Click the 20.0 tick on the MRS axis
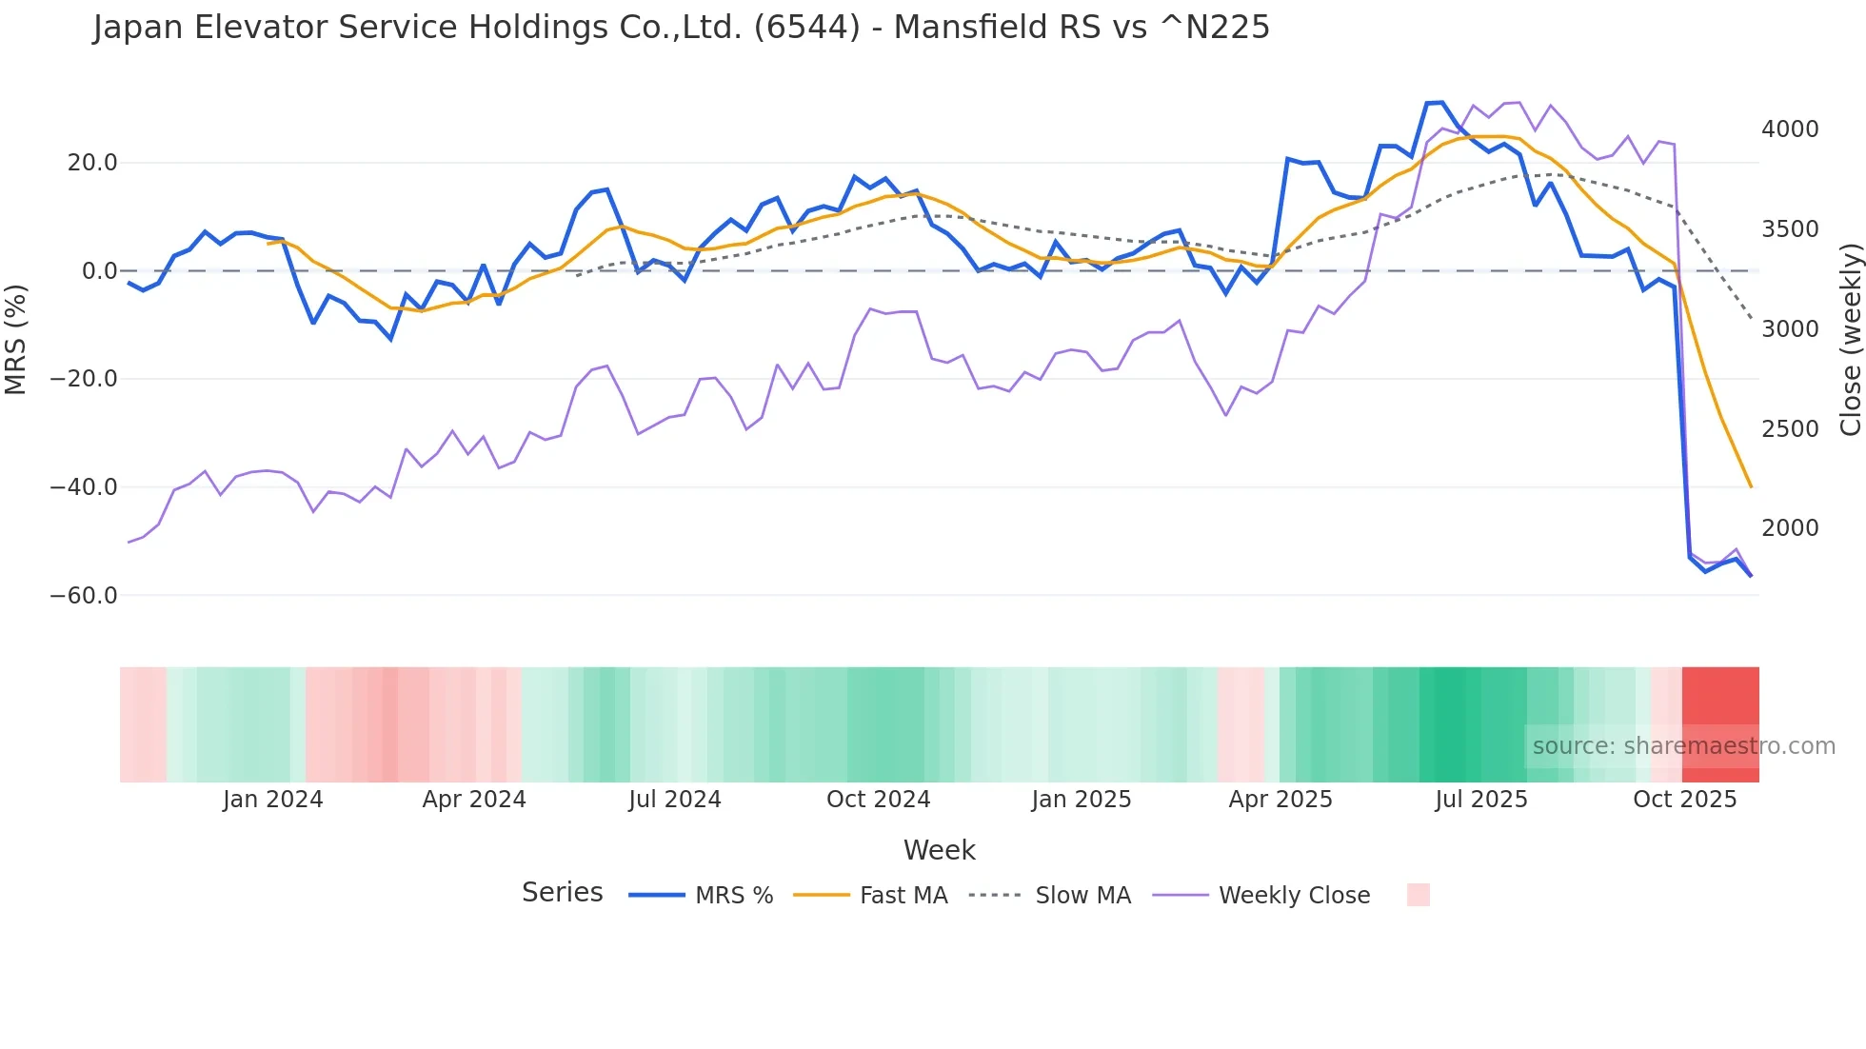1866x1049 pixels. coord(91,163)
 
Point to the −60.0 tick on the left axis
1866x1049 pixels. coord(84,596)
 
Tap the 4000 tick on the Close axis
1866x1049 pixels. coord(1790,129)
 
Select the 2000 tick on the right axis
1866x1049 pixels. coord(1790,528)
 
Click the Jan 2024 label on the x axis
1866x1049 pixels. coord(273,800)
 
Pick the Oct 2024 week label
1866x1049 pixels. coord(878,800)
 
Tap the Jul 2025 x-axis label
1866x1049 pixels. coord(1481,800)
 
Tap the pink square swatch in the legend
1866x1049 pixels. coord(1418,895)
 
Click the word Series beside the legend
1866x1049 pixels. coord(562,893)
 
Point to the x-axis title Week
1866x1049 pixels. coord(939,850)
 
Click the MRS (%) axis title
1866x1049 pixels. coord(15,340)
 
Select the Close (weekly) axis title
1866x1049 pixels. coord(1850,340)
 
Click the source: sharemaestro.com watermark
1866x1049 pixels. coord(1683,746)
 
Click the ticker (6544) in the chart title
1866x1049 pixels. coord(806,28)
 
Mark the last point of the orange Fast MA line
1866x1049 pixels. coord(1751,486)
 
